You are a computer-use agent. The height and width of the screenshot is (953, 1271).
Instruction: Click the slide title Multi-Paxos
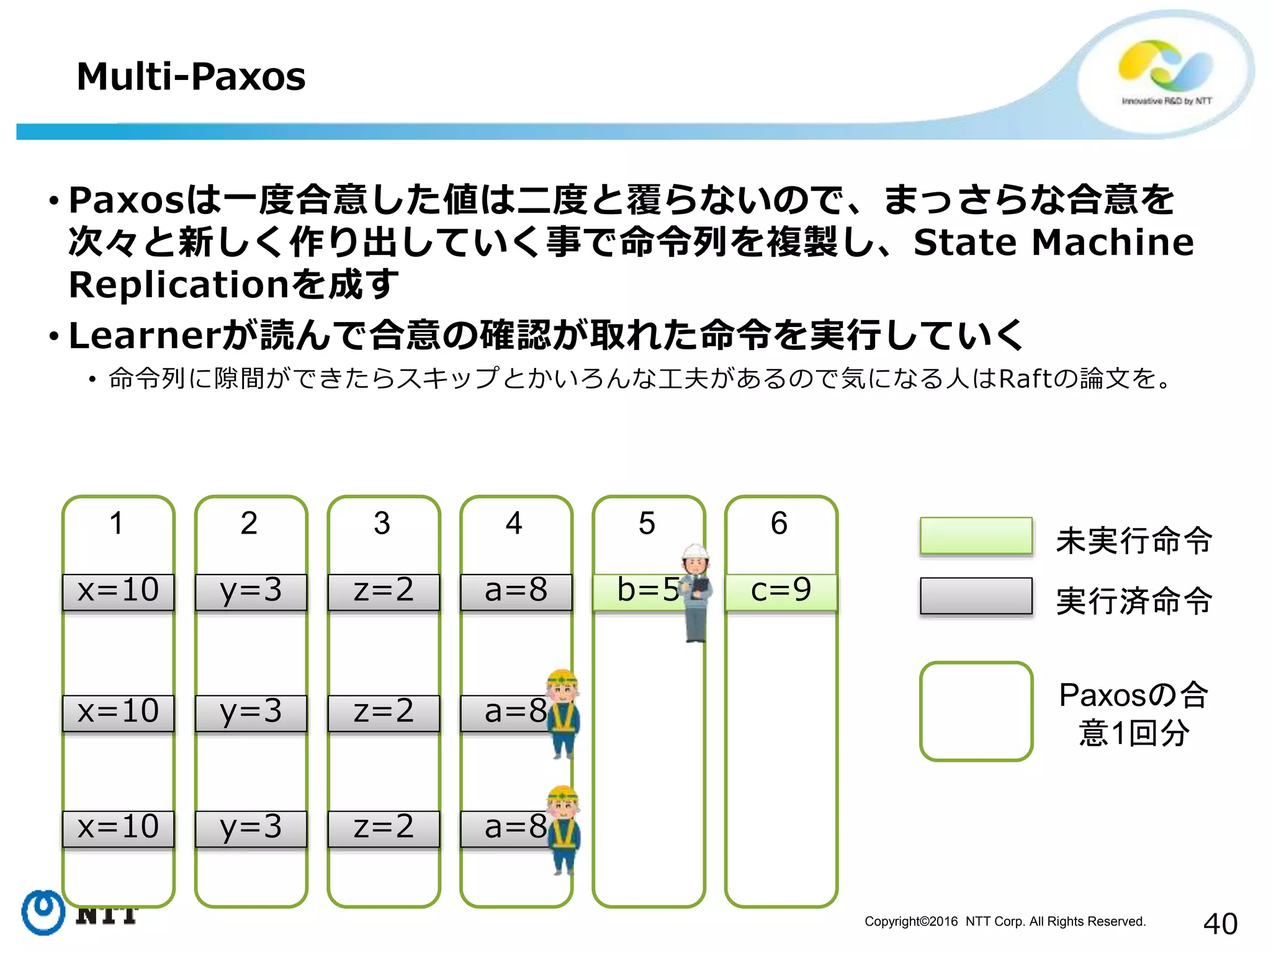191,77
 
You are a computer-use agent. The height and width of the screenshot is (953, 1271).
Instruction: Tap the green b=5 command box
639,591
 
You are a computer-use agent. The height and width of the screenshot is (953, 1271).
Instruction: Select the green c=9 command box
781,591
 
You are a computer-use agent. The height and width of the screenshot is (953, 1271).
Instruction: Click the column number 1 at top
117,523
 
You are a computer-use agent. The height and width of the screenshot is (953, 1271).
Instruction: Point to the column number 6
779,523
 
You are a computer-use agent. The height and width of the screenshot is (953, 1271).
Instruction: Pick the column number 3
382,523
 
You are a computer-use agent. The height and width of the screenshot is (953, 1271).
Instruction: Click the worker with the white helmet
696,593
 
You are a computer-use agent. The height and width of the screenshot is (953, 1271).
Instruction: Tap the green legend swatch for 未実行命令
976,535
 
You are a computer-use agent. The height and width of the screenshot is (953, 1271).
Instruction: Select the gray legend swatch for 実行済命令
976,596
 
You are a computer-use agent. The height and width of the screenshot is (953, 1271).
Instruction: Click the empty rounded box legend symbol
976,711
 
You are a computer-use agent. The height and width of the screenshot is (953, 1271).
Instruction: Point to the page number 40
1219,924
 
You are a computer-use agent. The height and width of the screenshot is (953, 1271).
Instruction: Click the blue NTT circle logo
43,912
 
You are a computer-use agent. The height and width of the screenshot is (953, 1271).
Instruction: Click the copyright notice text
1005,921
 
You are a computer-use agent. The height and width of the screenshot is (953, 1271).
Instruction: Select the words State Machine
1053,242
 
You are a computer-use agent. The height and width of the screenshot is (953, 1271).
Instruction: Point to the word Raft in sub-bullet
1025,378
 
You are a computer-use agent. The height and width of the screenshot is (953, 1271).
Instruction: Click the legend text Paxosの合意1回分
1133,714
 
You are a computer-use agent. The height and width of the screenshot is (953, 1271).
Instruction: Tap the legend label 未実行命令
1134,540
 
